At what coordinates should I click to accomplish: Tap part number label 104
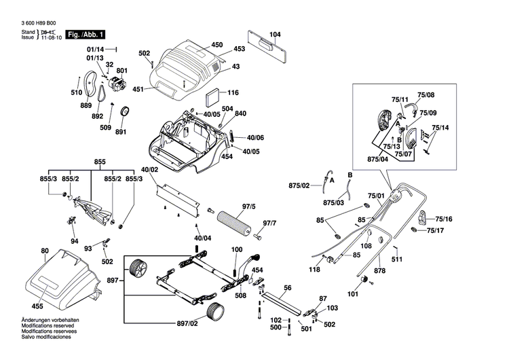(x=274, y=35)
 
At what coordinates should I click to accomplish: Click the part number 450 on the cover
(x=216, y=45)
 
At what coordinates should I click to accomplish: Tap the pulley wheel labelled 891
(x=126, y=111)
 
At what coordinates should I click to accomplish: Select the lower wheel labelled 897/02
(x=216, y=314)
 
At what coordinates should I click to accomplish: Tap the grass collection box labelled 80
(x=61, y=278)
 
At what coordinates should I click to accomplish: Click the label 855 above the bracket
(x=100, y=162)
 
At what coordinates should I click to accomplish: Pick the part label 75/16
(x=443, y=219)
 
